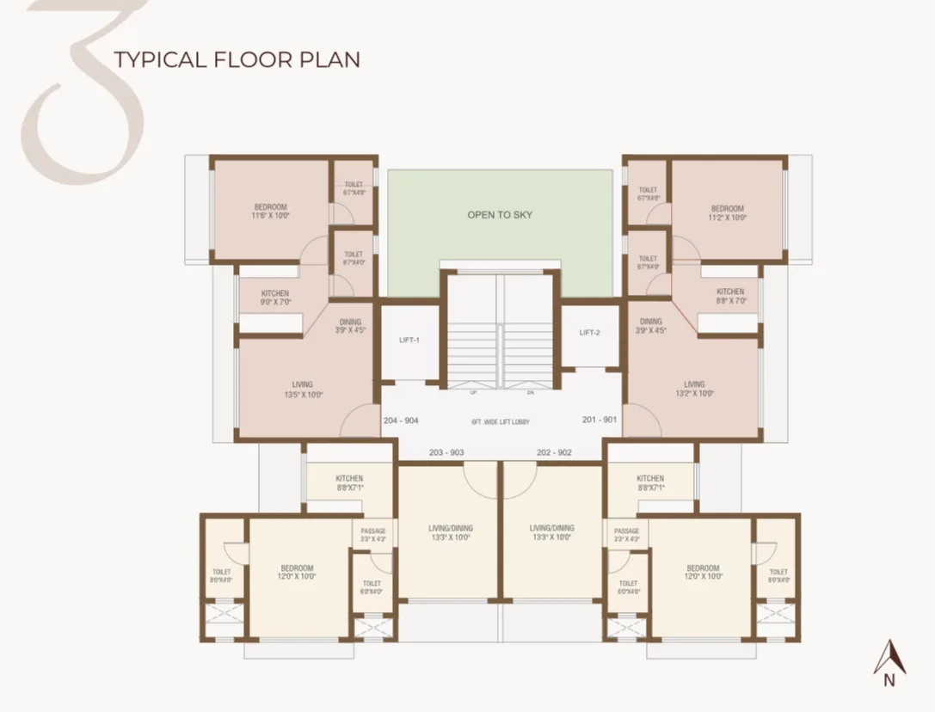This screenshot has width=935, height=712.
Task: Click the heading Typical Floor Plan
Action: click(237, 59)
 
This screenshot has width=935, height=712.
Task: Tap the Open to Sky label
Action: click(500, 214)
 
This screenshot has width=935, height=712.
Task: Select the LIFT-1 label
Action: click(409, 341)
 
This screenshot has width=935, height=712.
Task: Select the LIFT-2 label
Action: click(589, 333)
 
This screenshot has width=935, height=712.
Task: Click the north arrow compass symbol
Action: click(889, 662)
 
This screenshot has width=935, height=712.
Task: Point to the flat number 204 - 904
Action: click(401, 420)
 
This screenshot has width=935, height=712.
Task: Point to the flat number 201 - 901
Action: click(599, 420)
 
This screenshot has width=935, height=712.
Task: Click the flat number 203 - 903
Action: click(446, 452)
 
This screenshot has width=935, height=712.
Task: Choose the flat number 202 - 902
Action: click(554, 452)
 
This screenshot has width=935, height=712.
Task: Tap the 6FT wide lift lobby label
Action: click(500, 422)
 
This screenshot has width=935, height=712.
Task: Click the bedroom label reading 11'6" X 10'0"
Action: click(271, 212)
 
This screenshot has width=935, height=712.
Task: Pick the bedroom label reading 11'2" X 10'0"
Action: click(728, 213)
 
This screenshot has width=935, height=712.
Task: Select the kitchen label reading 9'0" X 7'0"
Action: click(275, 298)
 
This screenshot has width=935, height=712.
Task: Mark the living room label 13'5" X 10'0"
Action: click(302, 390)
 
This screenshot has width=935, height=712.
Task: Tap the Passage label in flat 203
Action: click(373, 535)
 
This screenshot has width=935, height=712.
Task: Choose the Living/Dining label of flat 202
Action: click(552, 533)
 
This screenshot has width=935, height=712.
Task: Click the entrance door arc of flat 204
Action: click(360, 421)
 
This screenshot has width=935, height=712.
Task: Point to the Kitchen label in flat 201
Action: click(730, 297)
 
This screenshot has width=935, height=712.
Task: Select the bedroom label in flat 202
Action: click(703, 573)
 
